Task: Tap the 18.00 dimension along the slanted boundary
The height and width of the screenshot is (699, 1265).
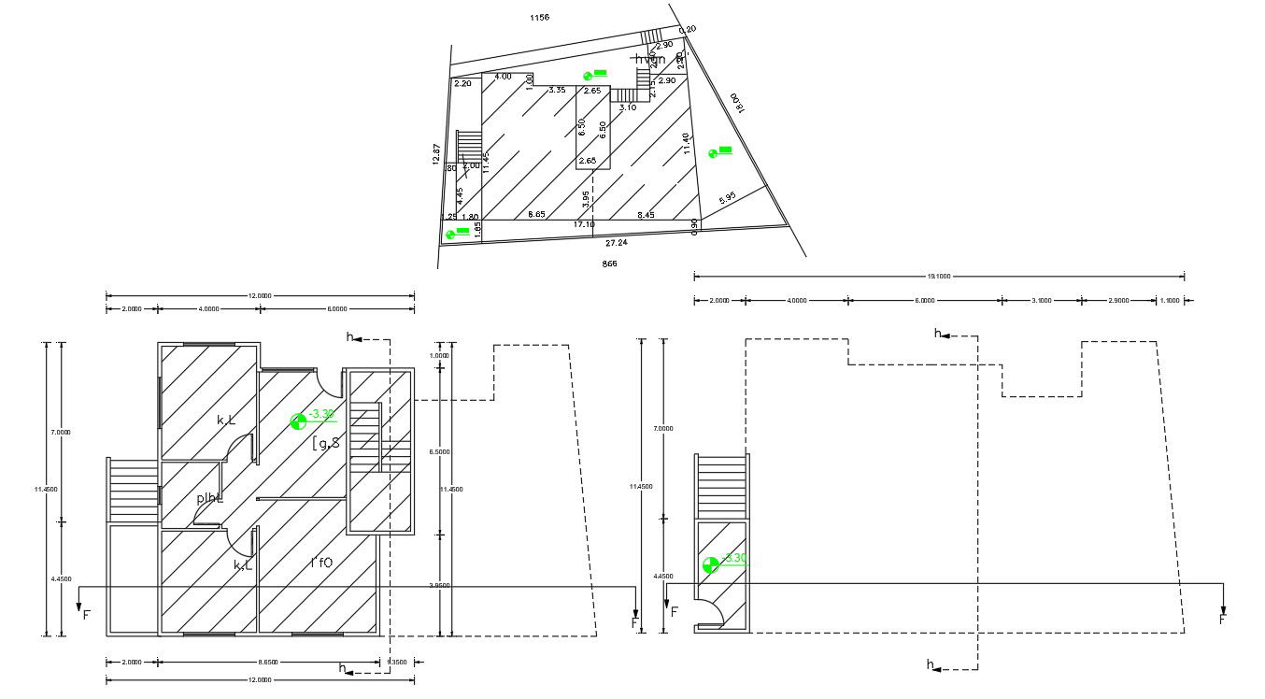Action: point(736,103)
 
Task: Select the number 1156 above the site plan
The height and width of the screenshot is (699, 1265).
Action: point(539,18)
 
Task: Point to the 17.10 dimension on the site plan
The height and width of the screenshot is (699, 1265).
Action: point(583,224)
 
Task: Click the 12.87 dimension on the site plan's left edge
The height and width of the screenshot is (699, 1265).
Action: point(435,154)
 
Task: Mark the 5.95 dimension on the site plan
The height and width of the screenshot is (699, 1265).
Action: point(728,198)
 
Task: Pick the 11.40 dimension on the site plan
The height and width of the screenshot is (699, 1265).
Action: point(687,143)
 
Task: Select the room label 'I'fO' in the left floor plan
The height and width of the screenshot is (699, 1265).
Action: point(321,563)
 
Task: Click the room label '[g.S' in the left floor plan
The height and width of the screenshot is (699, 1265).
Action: point(326,443)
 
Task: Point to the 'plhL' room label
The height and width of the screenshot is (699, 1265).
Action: point(208,498)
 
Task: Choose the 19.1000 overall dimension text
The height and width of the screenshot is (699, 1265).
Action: point(939,277)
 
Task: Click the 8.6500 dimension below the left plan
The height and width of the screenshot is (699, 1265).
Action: point(268,663)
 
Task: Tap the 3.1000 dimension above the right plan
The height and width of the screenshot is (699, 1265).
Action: point(1041,301)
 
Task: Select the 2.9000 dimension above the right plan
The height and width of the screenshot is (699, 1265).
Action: point(1118,301)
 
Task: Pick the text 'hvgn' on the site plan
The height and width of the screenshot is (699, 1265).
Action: point(650,60)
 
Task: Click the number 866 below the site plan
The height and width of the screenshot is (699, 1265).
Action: point(609,264)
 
